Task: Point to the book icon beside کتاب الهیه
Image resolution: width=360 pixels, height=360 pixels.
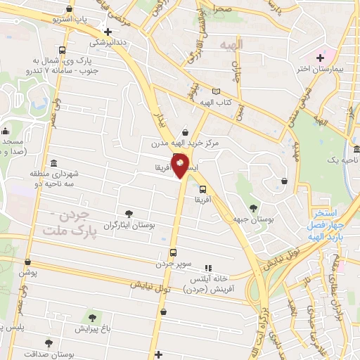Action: point(216,92)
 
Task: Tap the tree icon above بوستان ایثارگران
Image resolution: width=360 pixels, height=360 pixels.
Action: point(128,214)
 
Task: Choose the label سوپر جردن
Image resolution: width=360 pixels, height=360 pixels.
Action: point(173,265)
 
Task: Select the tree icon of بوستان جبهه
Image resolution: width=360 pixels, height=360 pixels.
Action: point(253,207)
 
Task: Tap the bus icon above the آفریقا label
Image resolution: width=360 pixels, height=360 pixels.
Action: point(203,189)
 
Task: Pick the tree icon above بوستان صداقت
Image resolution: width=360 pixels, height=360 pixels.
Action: point(48,344)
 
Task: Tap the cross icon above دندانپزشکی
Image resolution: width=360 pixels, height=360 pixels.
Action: point(107,32)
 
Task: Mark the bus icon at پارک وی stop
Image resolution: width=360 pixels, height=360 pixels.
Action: point(63,51)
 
